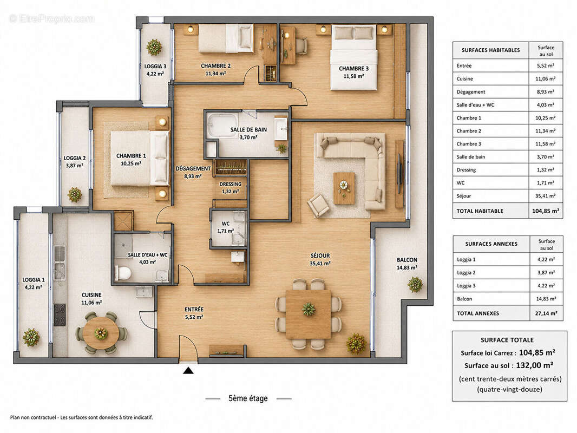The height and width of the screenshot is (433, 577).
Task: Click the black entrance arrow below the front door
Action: pos(188,370)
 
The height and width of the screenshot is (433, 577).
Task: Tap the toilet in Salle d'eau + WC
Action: pos(123,273)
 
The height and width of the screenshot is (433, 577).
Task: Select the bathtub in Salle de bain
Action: pos(222,126)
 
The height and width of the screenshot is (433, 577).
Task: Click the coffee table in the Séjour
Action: pos(344,188)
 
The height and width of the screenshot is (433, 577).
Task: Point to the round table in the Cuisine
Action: pos(101,333)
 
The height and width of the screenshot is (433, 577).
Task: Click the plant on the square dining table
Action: pos(309,309)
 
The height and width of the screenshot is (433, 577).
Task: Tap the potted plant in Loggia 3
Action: pos(154,47)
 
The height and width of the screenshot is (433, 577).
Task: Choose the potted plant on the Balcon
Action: pos(415,284)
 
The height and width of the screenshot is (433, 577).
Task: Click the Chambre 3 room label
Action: pos(353,68)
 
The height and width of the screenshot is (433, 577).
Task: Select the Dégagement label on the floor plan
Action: pos(193,168)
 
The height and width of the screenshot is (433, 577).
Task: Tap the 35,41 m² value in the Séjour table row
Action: pos(546,196)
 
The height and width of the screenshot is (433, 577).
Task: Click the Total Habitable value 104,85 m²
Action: pos(546,211)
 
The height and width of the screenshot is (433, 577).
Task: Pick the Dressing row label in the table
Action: pos(466,170)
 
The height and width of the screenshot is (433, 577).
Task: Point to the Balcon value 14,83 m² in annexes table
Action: pos(546,299)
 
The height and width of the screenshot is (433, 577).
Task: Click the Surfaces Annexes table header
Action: pos(491,244)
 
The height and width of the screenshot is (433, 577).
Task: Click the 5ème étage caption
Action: pos(248,398)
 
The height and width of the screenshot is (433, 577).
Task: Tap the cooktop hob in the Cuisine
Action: pos(60,315)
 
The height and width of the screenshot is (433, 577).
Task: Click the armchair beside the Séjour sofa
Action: pos(318,206)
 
